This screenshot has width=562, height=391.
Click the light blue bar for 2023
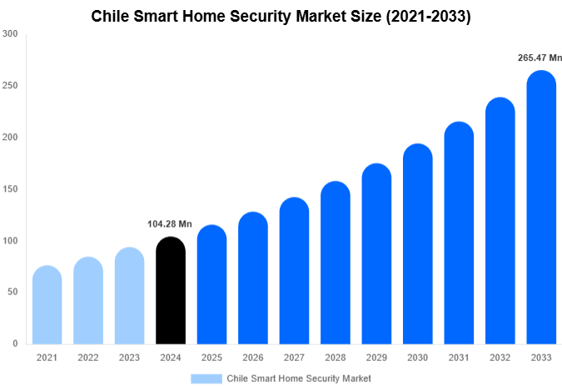click(x=129, y=296)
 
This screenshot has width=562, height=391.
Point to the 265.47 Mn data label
click(x=540, y=58)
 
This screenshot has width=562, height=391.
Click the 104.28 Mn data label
click(x=169, y=224)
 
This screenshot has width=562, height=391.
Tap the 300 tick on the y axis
click(x=10, y=34)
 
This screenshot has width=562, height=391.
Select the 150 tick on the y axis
click(x=10, y=189)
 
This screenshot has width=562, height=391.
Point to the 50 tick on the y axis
click(x=12, y=292)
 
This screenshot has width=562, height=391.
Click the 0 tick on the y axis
click(x=15, y=343)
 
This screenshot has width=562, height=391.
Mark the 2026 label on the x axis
click(x=252, y=358)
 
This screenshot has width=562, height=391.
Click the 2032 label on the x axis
click(x=500, y=358)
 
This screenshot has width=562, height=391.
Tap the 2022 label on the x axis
click(x=87, y=358)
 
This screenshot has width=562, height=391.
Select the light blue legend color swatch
click(x=206, y=378)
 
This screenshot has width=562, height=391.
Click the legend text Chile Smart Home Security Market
click(x=299, y=378)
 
